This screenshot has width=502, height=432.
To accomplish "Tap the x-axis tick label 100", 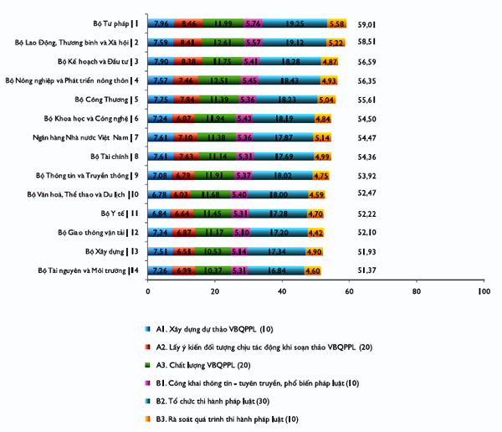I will (484, 291).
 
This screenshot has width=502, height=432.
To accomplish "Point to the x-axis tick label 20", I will (215, 291).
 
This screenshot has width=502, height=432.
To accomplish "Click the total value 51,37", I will (366, 270).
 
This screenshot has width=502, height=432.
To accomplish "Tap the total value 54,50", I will (366, 119).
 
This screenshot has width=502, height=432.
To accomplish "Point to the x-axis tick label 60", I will (349, 291).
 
